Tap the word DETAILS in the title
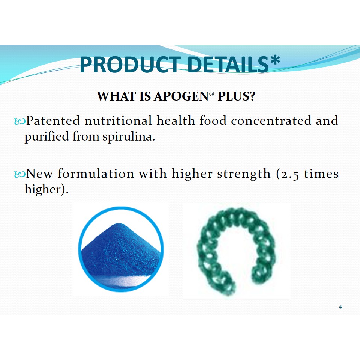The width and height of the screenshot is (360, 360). click(228, 64)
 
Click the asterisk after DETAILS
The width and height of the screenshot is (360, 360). click(275, 60)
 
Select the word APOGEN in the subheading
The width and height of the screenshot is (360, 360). click(181, 96)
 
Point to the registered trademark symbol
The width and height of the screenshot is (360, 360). click(211, 93)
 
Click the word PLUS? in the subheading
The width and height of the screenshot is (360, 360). click(236, 96)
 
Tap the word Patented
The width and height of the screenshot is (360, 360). click(53, 120)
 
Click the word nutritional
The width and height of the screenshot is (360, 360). click(118, 120)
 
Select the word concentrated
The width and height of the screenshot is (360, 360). click(271, 121)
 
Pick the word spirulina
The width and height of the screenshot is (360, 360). click(129, 137)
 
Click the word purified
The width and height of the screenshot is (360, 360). click(46, 136)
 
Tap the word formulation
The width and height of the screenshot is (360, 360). click(96, 174)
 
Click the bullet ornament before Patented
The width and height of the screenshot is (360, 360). click(20, 121)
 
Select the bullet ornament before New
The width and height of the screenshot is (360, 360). click(20, 174)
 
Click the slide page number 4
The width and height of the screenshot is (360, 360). click(340, 307)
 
